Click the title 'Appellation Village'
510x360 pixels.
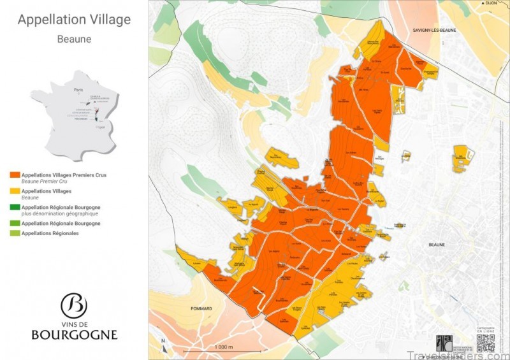[74, 20]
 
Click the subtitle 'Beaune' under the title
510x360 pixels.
[74, 39]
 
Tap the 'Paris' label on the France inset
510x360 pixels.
[78, 90]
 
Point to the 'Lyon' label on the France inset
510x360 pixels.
[102, 127]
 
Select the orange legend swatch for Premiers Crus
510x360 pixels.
[15, 174]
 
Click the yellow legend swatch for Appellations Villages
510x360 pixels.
[15, 191]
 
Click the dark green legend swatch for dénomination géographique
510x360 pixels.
[15, 208]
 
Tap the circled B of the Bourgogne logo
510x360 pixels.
[74, 305]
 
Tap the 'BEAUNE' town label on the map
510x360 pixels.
[437, 244]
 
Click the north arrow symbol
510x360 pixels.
[164, 344]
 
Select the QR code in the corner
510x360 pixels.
[485, 343]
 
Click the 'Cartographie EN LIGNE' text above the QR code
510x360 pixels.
[485, 329]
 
